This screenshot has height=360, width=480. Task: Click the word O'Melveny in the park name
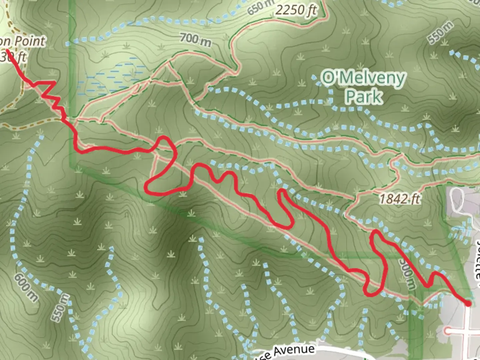pos(363,78)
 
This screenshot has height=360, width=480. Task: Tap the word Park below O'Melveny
pos(364,97)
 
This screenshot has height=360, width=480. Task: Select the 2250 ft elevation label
pos(296,10)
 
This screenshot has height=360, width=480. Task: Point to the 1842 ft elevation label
pos(399,199)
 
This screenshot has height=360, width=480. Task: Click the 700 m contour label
pos(196,40)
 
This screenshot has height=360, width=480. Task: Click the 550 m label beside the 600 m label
pos(61,308)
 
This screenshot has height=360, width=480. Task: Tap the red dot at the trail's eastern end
pos(468,304)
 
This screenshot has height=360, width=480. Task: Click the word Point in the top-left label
pos(30,41)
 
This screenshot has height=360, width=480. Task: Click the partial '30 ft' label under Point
pos(13,56)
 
